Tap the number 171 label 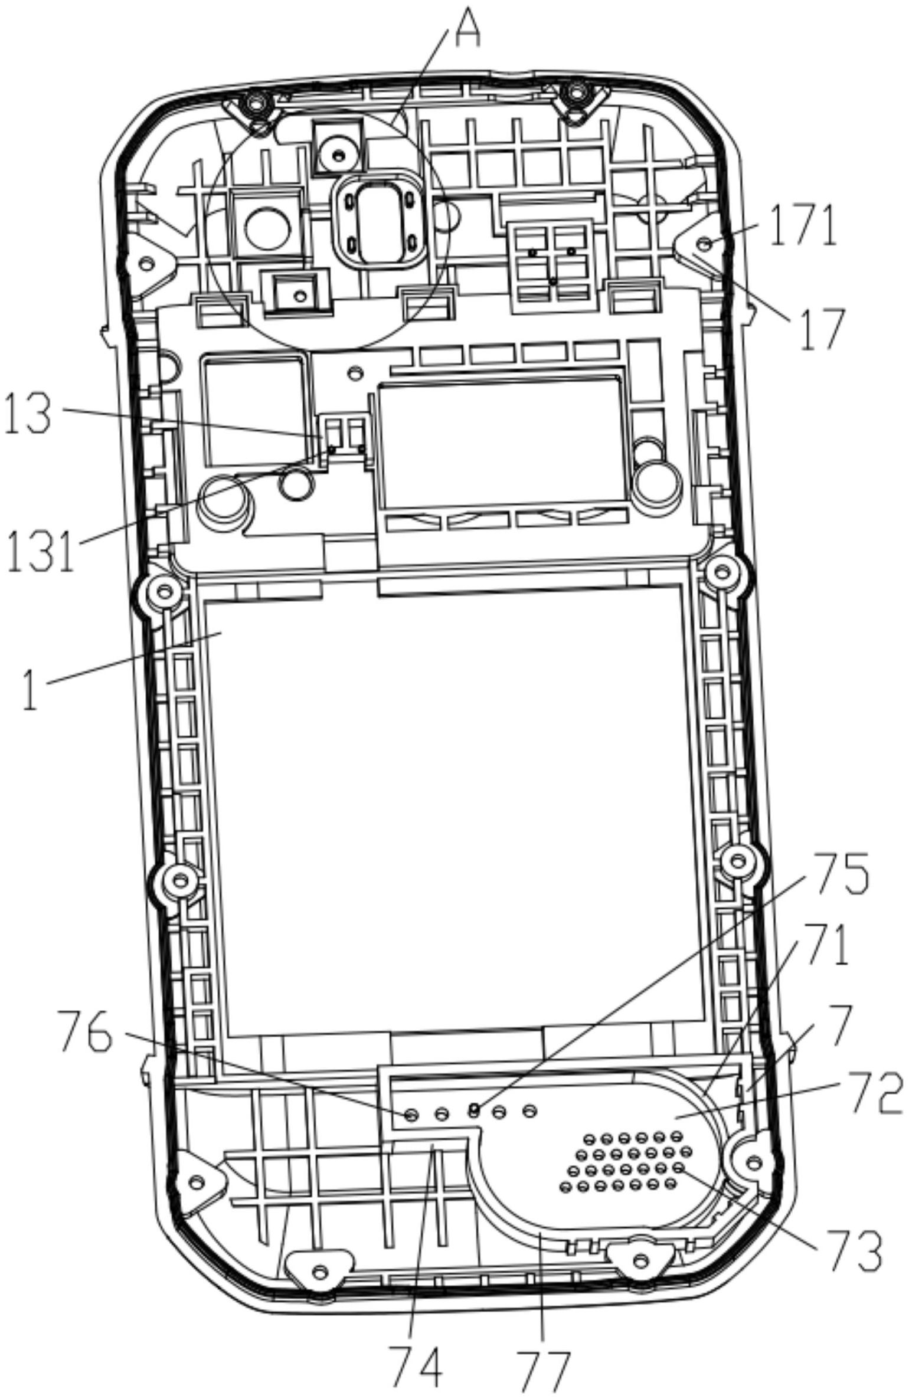click(805, 225)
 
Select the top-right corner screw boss click(576, 93)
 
